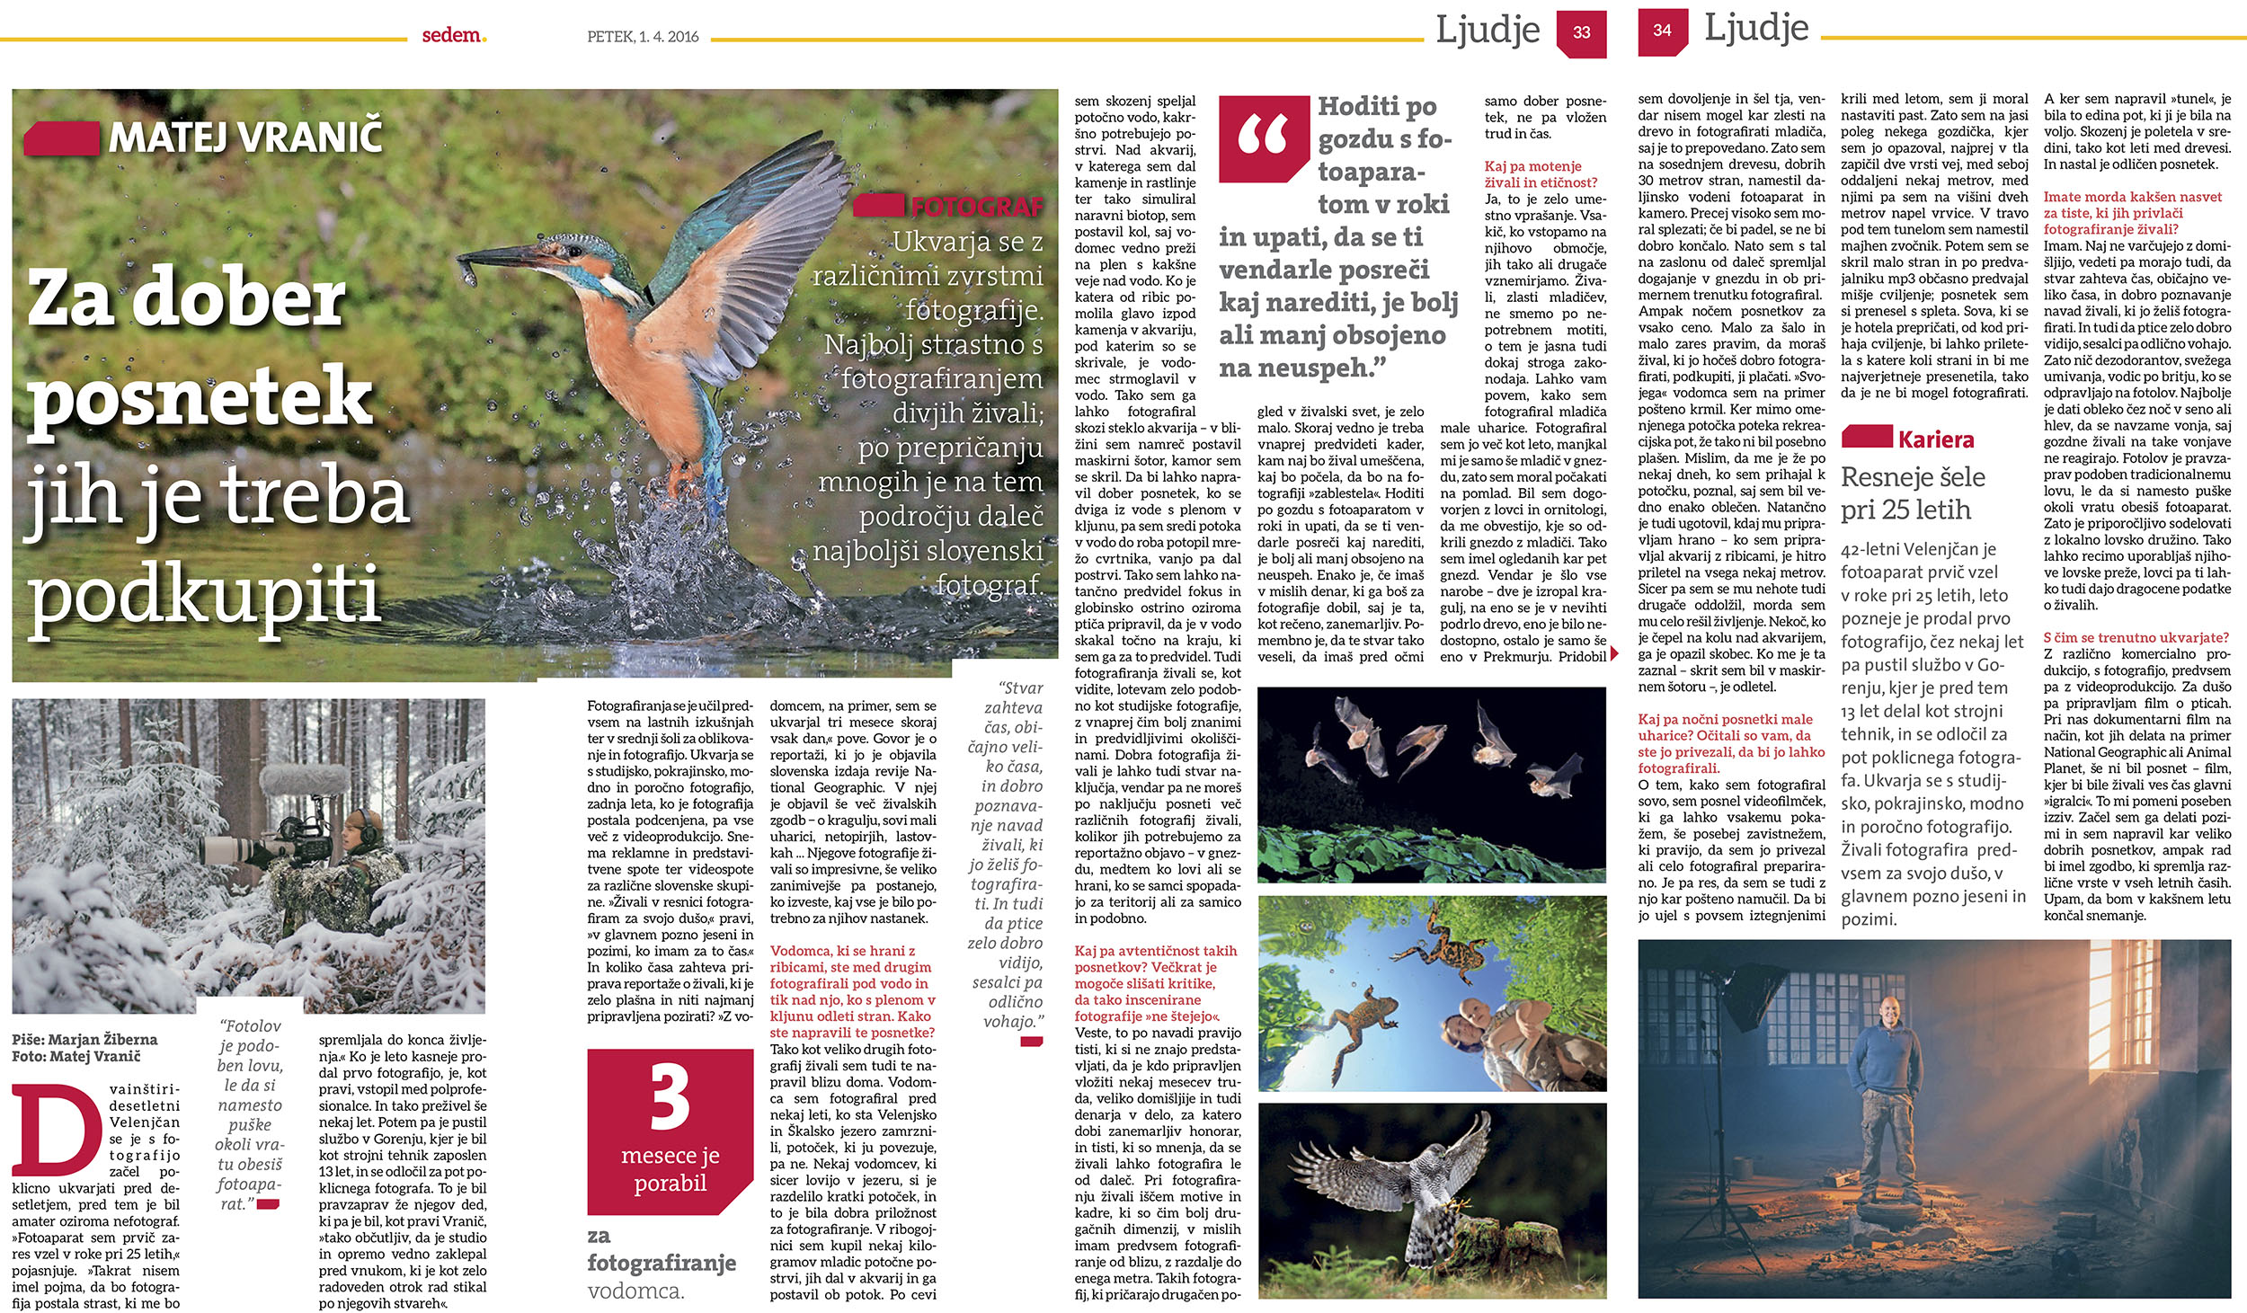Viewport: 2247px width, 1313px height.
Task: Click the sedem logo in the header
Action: (453, 35)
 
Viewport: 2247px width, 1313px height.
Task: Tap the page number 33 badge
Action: (1582, 33)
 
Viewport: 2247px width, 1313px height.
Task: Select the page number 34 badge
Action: (1662, 31)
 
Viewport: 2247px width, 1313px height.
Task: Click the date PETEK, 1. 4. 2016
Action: (643, 37)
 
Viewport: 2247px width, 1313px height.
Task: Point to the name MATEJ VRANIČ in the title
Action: (245, 137)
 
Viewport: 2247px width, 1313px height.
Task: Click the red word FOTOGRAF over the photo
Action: (977, 208)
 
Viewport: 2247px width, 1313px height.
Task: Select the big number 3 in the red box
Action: (671, 1100)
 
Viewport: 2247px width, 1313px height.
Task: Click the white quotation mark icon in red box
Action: (1263, 137)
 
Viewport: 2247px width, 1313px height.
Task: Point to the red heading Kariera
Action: (1936, 439)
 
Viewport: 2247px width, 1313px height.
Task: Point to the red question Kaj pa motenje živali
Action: (1541, 174)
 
